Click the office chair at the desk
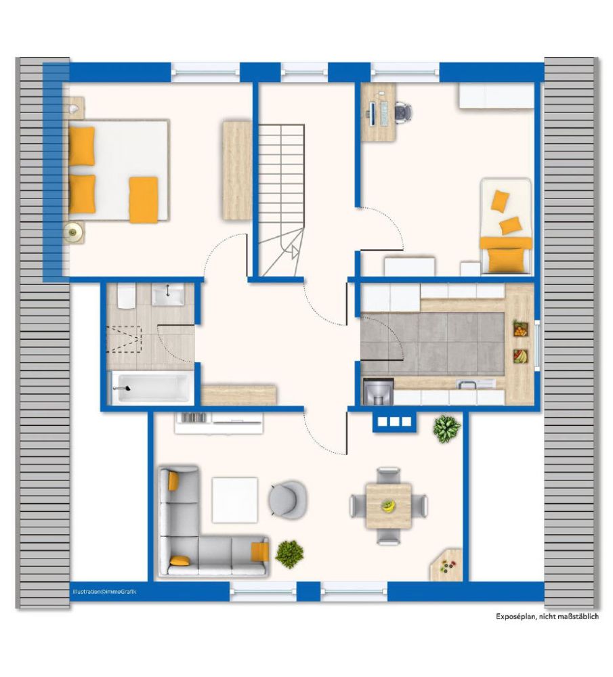(x=402, y=112)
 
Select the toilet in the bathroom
(x=127, y=296)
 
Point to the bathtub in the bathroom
(x=151, y=387)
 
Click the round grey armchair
(x=288, y=498)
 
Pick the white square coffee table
(x=234, y=500)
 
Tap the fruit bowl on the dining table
(x=388, y=506)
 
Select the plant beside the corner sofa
(x=289, y=554)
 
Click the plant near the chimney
(x=446, y=429)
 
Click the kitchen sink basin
(x=467, y=383)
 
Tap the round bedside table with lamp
(x=74, y=233)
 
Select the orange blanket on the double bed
(x=144, y=200)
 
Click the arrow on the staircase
(x=295, y=252)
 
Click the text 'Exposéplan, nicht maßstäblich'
(x=547, y=617)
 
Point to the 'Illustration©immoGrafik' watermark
(x=104, y=592)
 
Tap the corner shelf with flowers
(x=447, y=565)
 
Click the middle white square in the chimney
(x=395, y=421)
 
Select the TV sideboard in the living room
(x=219, y=422)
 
